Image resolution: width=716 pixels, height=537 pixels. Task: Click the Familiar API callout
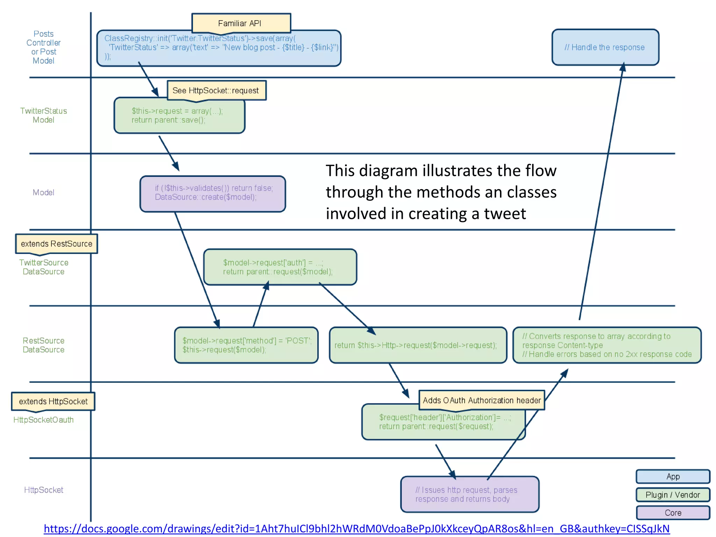point(241,23)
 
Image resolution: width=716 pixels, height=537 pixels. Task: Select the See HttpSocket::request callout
point(216,91)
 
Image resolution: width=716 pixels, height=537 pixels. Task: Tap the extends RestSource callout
point(56,244)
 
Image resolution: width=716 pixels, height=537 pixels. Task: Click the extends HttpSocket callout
point(53,401)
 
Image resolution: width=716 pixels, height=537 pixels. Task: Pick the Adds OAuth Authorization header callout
point(481,400)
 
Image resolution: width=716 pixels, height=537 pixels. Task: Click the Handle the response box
point(605,47)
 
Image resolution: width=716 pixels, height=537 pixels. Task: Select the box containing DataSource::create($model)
point(213,194)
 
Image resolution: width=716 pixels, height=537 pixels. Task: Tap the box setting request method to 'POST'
point(246,345)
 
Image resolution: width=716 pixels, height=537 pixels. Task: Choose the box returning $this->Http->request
point(417,345)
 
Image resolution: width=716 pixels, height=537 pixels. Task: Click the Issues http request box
point(469,494)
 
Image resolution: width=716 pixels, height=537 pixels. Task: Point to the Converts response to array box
point(607,345)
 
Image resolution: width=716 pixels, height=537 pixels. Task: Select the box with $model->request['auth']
point(280,267)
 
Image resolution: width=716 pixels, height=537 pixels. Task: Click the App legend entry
point(673,477)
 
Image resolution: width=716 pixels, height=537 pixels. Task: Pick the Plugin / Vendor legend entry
point(673,495)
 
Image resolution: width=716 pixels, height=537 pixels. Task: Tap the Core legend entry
point(673,513)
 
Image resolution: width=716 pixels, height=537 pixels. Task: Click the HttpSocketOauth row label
point(43,420)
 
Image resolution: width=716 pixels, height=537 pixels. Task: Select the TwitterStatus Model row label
point(43,115)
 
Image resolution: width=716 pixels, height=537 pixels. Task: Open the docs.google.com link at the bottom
point(357,529)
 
